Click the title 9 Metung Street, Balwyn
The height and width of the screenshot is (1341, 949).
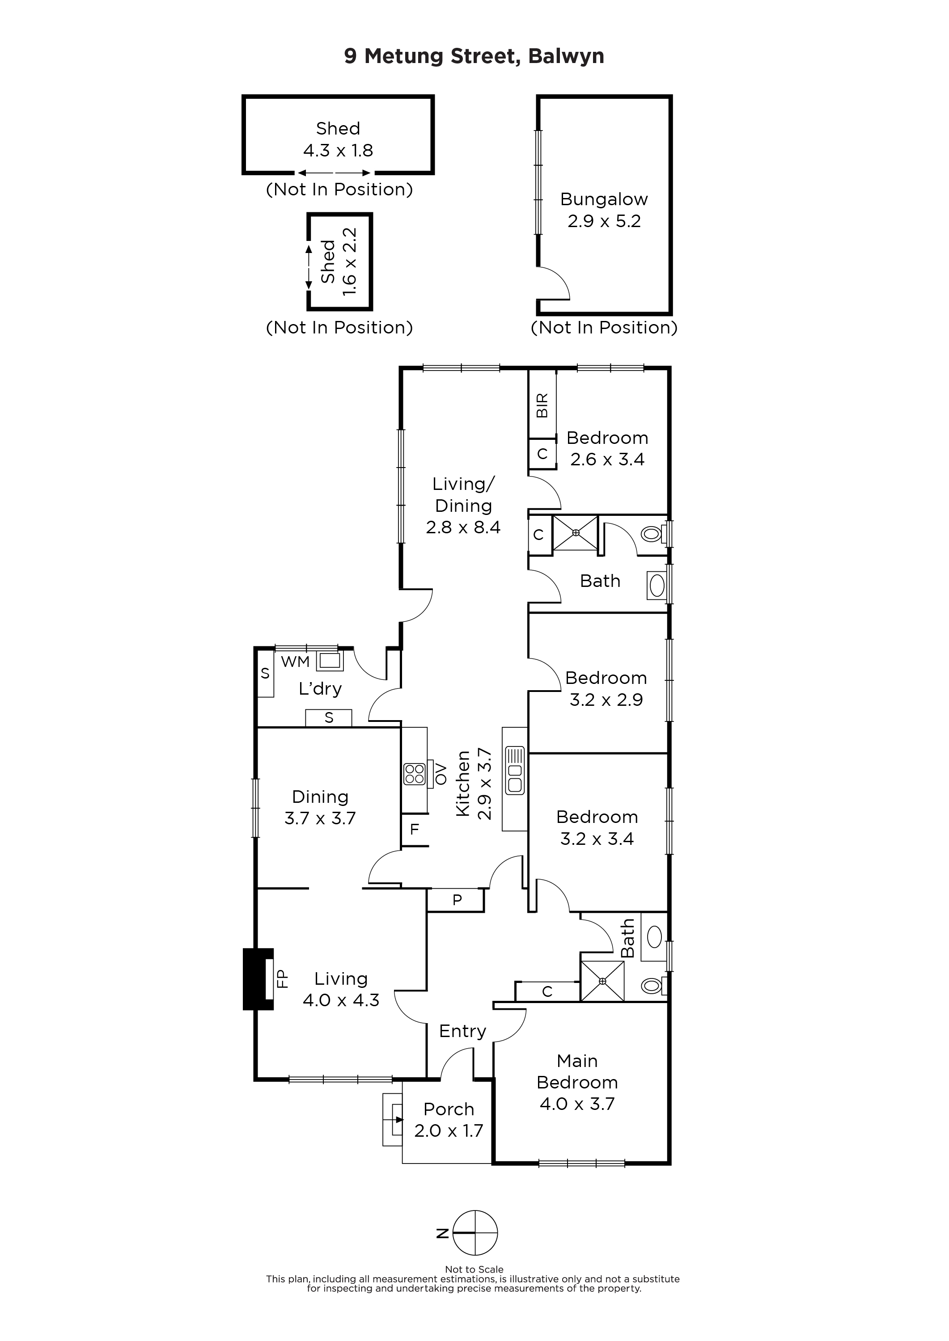click(474, 56)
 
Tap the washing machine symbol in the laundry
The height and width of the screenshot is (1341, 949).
click(330, 661)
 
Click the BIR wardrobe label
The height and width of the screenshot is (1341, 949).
click(542, 405)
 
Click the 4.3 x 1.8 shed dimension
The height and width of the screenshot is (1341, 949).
click(338, 151)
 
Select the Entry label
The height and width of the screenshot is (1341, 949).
click(463, 1031)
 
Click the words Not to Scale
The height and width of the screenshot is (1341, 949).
click(474, 1269)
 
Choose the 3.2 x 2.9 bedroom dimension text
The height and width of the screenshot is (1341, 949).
click(606, 700)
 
